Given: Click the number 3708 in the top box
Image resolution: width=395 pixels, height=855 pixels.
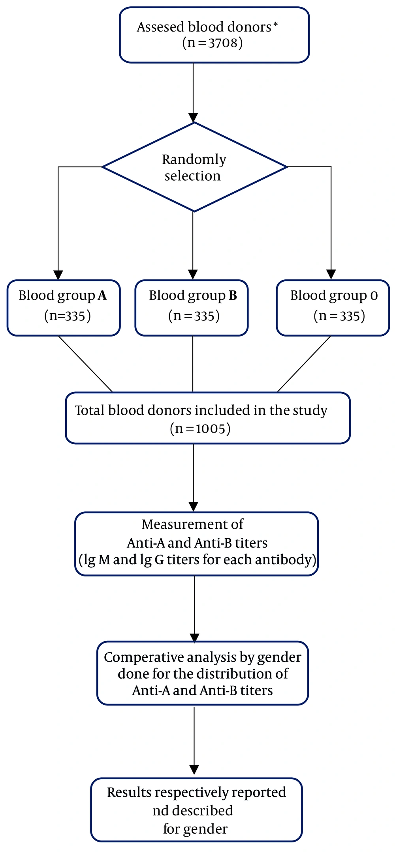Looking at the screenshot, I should (x=223, y=43).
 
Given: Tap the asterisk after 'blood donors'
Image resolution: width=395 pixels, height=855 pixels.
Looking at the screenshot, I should (x=275, y=25).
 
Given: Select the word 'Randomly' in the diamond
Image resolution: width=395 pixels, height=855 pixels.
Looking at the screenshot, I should (x=194, y=159).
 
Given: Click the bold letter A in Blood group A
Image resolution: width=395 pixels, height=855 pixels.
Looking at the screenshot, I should (x=102, y=296).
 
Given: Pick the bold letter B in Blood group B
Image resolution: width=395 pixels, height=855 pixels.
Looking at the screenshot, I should (x=233, y=296).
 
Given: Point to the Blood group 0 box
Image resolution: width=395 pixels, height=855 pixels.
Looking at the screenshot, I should (x=333, y=308).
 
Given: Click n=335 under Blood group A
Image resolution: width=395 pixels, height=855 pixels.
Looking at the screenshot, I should (x=68, y=316).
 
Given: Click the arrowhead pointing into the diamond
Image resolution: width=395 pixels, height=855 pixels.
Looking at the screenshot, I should (x=193, y=118).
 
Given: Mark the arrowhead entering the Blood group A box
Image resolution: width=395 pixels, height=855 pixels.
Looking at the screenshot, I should (x=58, y=275).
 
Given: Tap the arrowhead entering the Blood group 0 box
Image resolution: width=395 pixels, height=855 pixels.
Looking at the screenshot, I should (x=331, y=275).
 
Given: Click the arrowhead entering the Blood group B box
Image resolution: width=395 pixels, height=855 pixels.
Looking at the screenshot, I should (x=193, y=275).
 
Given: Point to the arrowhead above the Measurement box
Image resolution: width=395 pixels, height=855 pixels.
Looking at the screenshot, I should (x=194, y=506).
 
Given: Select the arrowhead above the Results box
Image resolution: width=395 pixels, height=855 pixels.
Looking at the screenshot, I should (x=194, y=770).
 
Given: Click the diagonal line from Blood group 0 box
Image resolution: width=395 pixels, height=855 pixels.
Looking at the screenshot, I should (x=304, y=364).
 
